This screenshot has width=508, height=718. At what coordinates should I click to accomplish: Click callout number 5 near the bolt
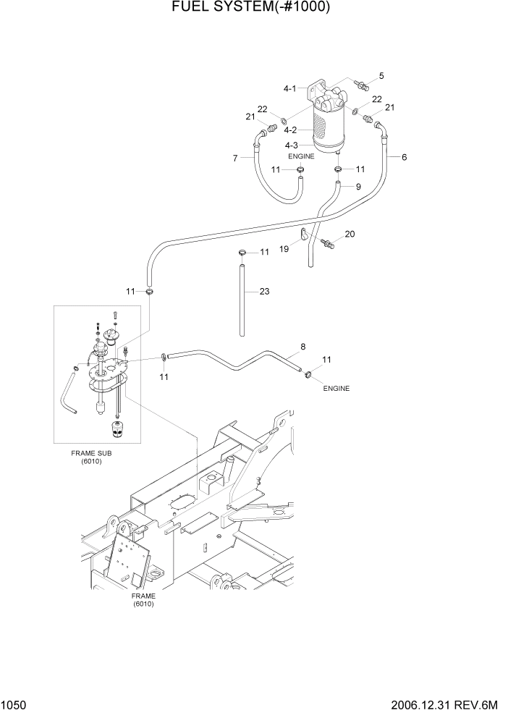click(381, 75)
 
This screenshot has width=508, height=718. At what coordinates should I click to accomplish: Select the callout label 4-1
click(289, 88)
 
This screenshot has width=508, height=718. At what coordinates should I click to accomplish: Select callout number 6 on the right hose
click(404, 157)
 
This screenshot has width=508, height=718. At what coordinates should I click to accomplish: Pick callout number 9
click(357, 187)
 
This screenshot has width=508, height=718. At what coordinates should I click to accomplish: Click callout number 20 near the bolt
click(350, 234)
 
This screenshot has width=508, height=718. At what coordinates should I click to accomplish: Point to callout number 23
click(264, 292)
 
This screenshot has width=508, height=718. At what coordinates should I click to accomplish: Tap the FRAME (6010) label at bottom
click(143, 599)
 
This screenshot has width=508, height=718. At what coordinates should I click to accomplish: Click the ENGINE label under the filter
click(301, 156)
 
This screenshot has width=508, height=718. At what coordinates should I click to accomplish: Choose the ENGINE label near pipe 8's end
click(336, 389)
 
